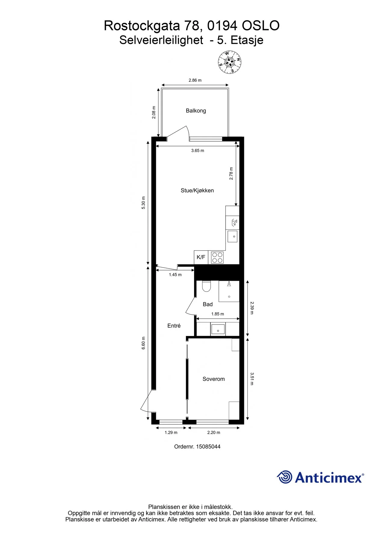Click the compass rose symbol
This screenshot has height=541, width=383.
pyautogui.click(x=230, y=62)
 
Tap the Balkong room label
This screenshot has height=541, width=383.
pyautogui.click(x=196, y=111)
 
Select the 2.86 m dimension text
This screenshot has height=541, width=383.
pyautogui.click(x=195, y=80)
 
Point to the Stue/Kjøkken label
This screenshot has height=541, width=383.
pyautogui.click(x=197, y=191)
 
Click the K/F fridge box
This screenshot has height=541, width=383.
pyautogui.click(x=201, y=257)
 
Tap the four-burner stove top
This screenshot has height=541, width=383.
pyautogui.click(x=217, y=258)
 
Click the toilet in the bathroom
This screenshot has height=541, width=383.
pyautogui.click(x=206, y=286)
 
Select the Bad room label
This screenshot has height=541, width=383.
pyautogui.click(x=208, y=304)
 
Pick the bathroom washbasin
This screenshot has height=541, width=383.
pyautogui.click(x=218, y=329)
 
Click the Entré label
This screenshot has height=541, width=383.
pyautogui.click(x=174, y=326)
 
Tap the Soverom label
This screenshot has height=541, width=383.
pyautogui.click(x=214, y=379)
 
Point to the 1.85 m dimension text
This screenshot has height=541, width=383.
pyautogui.click(x=218, y=314)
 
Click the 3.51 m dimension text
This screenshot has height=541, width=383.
pyautogui.click(x=252, y=379)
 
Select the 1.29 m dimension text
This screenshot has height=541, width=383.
pyautogui.click(x=171, y=432)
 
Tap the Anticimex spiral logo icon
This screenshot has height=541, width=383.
pyautogui.click(x=284, y=477)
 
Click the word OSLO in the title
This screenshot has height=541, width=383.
pyautogui.click(x=261, y=26)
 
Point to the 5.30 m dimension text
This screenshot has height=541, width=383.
pyautogui.click(x=144, y=203)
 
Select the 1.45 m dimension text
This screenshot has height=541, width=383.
pyautogui.click(x=175, y=275)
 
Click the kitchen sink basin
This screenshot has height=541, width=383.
pyautogui.click(x=233, y=237)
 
